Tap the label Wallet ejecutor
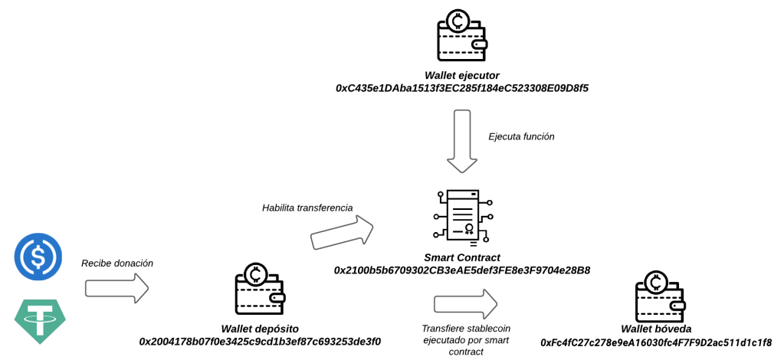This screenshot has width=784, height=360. click(461, 75)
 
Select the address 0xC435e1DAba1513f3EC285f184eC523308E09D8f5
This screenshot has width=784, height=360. click(461, 88)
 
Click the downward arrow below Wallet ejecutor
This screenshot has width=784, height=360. click(461, 141)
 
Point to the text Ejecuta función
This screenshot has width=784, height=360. click(521, 136)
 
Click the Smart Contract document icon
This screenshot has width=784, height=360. click(461, 216)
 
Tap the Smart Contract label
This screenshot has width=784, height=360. click(461, 257)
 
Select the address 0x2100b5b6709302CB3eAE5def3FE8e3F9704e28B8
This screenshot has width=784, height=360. click(461, 270)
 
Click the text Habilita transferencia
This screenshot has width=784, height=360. click(307, 208)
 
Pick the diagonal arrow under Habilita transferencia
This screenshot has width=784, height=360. click(342, 233)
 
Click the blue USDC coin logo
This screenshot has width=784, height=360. click(38, 257)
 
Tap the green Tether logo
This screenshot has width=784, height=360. click(40, 321)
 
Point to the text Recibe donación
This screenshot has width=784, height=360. click(117, 263)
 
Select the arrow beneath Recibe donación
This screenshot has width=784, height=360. click(116, 289)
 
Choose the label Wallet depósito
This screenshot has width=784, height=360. click(260, 329)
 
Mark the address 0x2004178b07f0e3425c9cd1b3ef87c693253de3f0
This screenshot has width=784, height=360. click(260, 342)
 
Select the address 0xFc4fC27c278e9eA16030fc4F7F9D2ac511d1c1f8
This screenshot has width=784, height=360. click(656, 342)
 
